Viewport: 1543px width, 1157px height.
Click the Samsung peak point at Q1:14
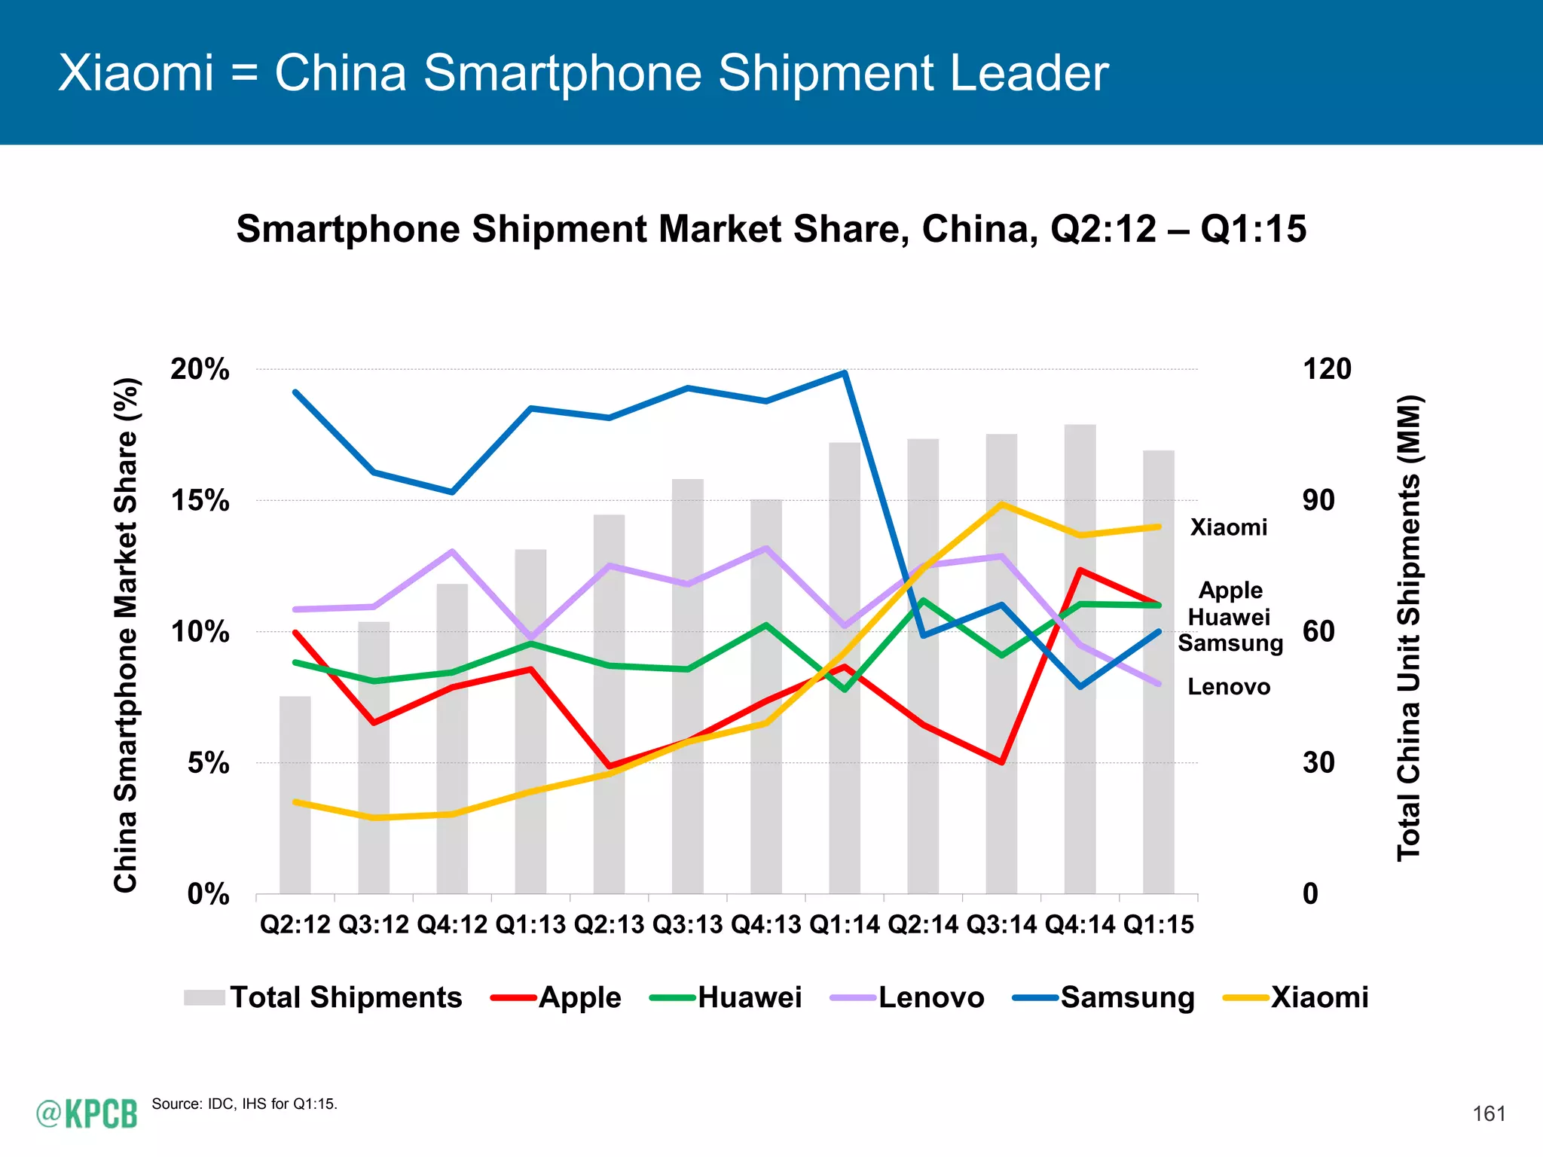tap(845, 373)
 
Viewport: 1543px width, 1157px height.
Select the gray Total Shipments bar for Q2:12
tap(295, 795)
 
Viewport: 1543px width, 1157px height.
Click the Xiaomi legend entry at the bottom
tap(1297, 997)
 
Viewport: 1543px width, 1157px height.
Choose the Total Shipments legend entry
tap(324, 997)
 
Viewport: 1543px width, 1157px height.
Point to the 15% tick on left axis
tap(200, 501)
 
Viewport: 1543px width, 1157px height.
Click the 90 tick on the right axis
tap(1318, 501)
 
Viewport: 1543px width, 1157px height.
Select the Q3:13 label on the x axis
tap(687, 924)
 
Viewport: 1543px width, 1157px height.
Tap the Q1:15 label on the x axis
tap(1158, 924)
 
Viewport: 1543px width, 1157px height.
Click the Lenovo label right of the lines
tap(1229, 687)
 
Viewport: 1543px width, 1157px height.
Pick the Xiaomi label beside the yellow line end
tap(1229, 527)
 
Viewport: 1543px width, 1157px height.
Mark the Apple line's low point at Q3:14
tap(1001, 762)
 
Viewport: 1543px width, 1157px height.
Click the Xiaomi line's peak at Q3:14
tap(1001, 504)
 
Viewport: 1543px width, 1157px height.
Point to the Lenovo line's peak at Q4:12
tap(452, 551)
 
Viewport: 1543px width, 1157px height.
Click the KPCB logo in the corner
tap(87, 1113)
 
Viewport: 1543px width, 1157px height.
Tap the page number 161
tap(1489, 1113)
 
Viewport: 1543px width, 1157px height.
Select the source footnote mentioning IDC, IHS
tap(245, 1104)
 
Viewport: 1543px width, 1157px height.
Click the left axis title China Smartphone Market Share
tap(126, 635)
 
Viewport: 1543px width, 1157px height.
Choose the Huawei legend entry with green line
tap(727, 997)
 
